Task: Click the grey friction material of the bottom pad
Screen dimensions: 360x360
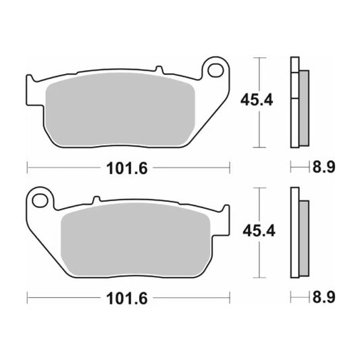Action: (135, 236)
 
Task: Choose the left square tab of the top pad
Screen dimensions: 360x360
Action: (30, 91)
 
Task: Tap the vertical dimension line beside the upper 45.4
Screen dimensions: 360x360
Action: (259, 102)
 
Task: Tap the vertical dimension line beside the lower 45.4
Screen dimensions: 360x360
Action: (259, 232)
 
